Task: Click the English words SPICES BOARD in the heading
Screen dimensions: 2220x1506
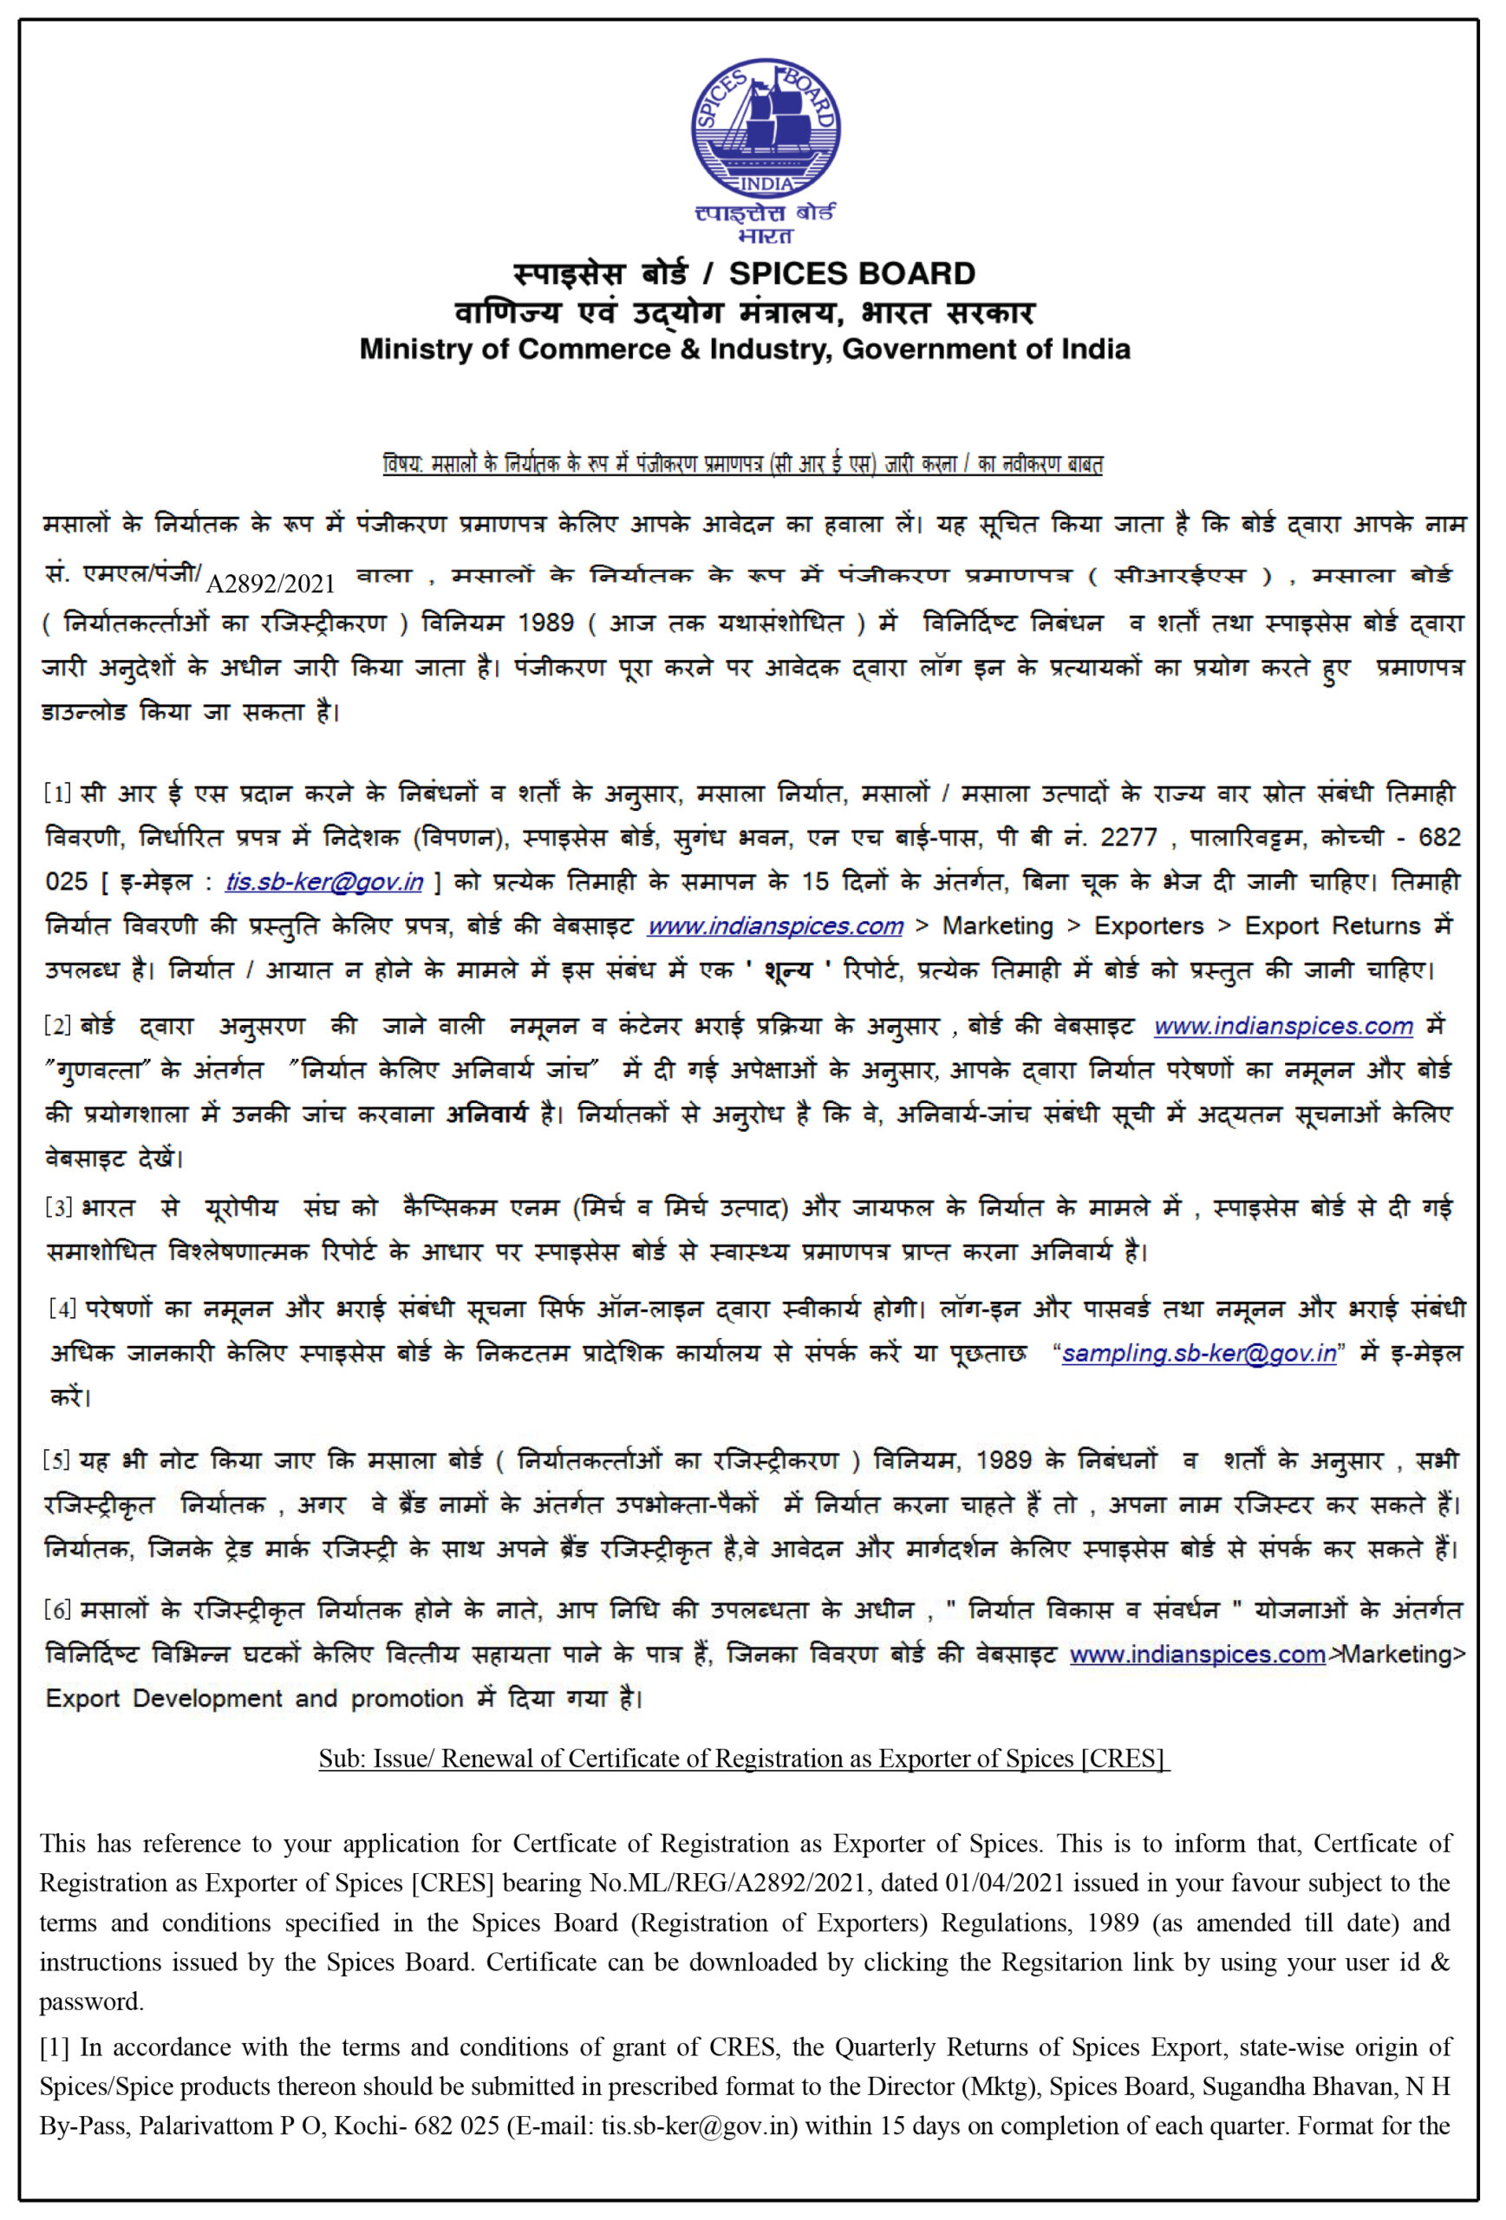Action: [x=852, y=274]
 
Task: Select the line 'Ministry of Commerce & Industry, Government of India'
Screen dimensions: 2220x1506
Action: [x=745, y=349]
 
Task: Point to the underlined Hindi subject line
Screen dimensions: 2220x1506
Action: [x=743, y=465]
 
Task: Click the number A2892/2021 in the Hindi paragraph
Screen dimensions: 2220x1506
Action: [x=271, y=583]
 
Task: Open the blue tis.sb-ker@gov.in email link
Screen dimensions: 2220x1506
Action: [x=324, y=881]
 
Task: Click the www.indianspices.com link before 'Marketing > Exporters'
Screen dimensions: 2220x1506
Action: [x=774, y=924]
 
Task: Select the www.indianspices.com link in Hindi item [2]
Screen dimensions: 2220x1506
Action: [x=1282, y=1026]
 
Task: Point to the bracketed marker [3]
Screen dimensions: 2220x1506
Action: [x=58, y=1207]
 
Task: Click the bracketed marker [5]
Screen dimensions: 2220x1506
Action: [x=55, y=1460]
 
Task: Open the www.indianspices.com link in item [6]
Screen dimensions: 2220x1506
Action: [x=1196, y=1654]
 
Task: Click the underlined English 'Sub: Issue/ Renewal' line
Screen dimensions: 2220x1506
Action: [x=743, y=1759]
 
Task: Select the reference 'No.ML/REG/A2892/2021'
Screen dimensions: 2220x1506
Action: [x=728, y=1882]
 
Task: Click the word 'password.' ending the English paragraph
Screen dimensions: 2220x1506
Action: [x=91, y=2001]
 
